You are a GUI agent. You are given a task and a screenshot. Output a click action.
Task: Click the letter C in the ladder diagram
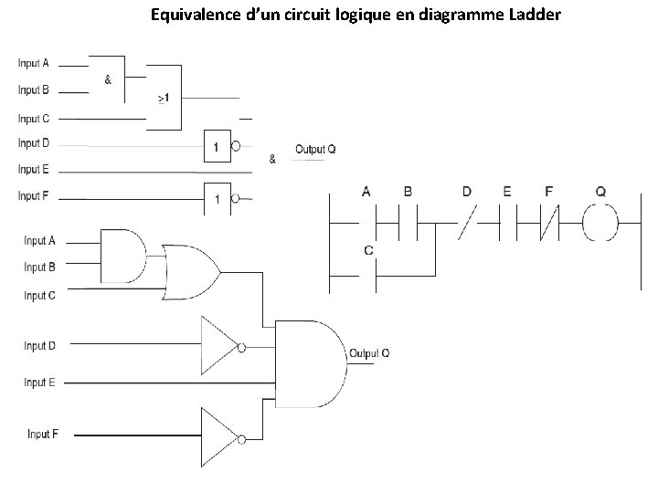coord(367,249)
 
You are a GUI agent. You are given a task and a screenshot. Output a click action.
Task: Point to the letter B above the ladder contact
coord(408,192)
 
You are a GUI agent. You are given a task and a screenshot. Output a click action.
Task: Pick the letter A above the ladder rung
coord(366,192)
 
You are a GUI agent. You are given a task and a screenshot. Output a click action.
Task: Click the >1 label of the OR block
coord(163,98)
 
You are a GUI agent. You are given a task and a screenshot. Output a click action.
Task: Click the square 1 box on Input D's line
coord(216,146)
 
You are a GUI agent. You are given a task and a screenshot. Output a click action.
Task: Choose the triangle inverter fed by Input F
coord(218,439)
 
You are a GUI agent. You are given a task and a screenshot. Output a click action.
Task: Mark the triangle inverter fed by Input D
coord(218,346)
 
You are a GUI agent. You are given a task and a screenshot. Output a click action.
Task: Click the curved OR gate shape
coord(189,272)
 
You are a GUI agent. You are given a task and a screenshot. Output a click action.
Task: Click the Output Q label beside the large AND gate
coord(369,353)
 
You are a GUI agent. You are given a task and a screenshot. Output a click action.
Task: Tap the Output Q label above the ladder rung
coord(315,149)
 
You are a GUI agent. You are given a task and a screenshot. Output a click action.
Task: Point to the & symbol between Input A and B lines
coord(109,79)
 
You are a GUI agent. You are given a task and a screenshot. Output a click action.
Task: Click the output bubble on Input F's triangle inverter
coord(241,440)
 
